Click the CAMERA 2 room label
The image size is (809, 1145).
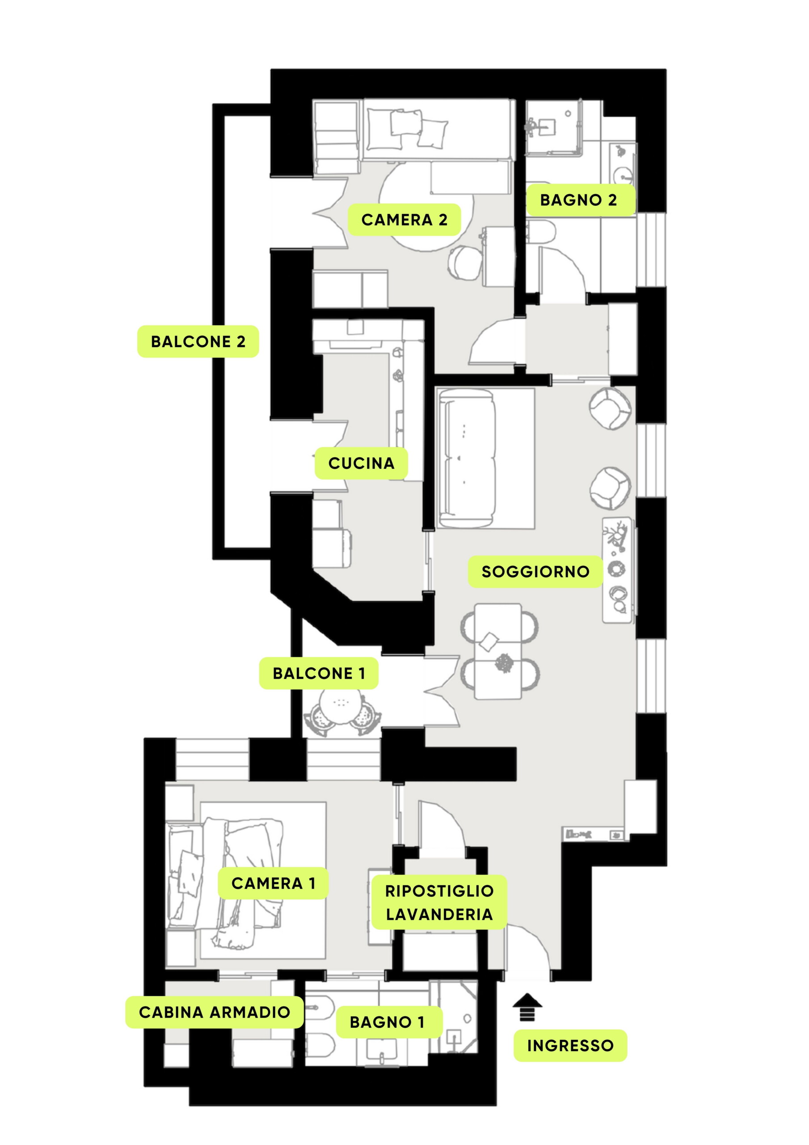(x=404, y=220)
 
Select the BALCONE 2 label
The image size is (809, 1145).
(x=198, y=342)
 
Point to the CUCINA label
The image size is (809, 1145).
(x=362, y=463)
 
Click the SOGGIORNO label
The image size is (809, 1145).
(x=535, y=572)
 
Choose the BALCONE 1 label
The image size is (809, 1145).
(x=319, y=673)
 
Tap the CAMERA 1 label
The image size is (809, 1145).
(x=273, y=883)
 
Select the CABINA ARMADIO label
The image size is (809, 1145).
(x=215, y=1012)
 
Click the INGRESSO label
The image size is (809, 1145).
(x=570, y=1045)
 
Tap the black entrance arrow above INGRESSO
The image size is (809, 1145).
(x=527, y=1006)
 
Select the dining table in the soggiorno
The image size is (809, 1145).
(x=498, y=651)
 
